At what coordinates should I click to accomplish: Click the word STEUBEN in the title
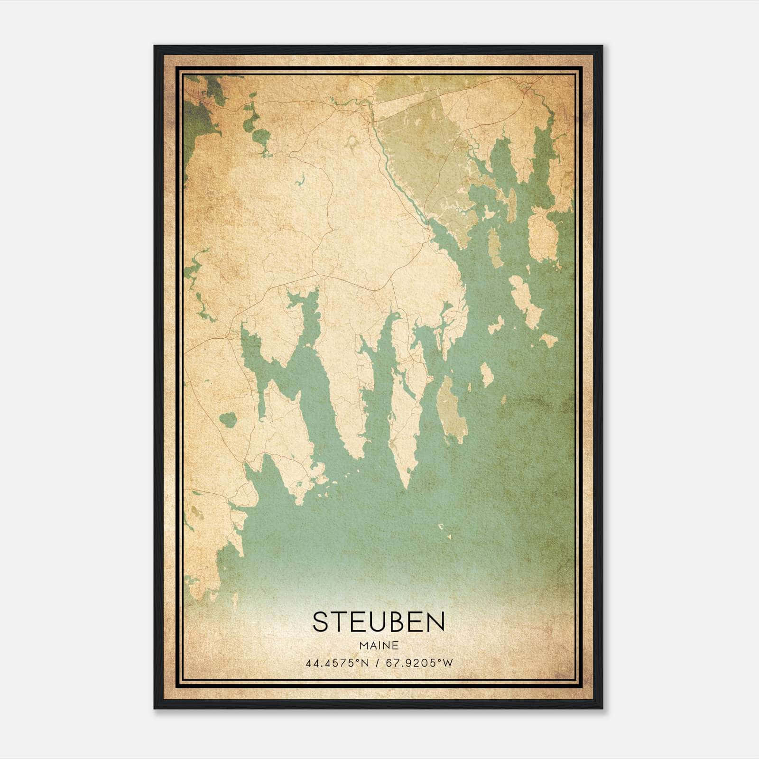tap(379, 622)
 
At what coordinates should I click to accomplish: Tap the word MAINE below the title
tap(379, 645)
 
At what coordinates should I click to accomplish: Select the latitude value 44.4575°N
tap(337, 663)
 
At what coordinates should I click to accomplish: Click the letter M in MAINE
tap(363, 645)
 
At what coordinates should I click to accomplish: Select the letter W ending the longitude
tap(448, 663)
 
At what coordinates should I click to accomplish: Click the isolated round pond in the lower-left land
tap(228, 419)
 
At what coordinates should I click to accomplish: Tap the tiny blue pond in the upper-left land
tap(299, 181)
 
